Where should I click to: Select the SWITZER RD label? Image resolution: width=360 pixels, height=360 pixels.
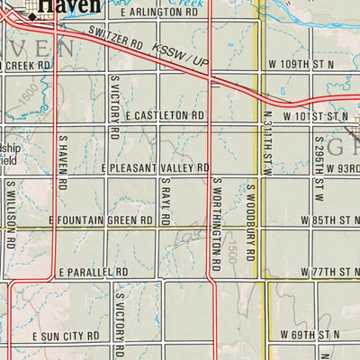pyautogui.click(x=118, y=42)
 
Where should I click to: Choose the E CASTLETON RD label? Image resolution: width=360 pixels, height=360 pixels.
pyautogui.click(x=166, y=117)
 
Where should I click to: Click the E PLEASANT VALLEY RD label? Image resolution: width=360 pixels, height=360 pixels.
pyautogui.click(x=156, y=168)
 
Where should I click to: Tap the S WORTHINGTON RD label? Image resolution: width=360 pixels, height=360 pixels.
pyautogui.click(x=217, y=223)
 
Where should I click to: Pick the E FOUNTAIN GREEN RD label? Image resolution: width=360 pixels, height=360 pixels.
pyautogui.click(x=101, y=220)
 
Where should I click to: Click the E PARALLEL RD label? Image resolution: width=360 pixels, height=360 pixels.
pyautogui.click(x=94, y=272)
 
